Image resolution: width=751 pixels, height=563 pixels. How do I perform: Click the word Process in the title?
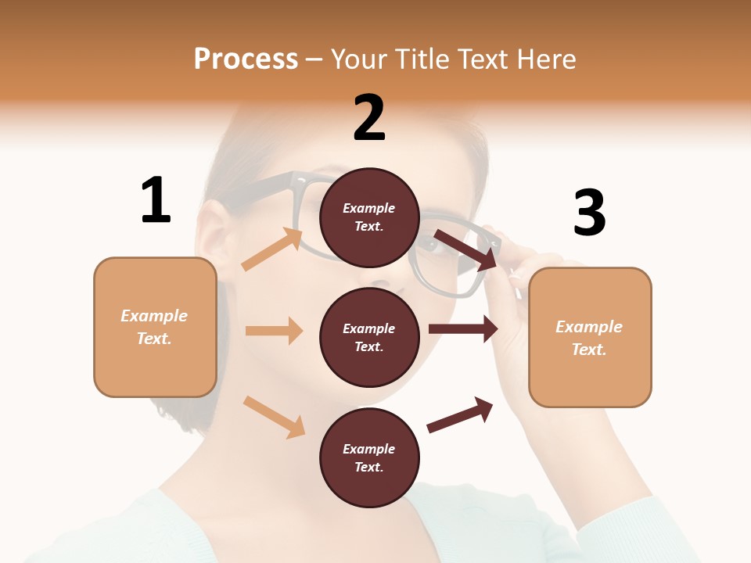click(x=246, y=59)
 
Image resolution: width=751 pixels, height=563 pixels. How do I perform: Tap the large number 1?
click(x=156, y=200)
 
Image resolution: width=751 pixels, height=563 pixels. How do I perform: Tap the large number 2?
click(x=369, y=118)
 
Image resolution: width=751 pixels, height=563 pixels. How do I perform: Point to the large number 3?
click(x=589, y=213)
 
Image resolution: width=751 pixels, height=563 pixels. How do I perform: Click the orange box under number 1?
click(x=155, y=327)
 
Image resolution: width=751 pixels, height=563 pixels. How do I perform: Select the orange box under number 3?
click(x=590, y=337)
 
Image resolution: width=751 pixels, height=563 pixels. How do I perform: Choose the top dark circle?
click(x=369, y=217)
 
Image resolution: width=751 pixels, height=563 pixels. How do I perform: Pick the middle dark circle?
click(x=369, y=337)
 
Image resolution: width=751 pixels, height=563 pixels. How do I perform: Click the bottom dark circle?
click(x=369, y=457)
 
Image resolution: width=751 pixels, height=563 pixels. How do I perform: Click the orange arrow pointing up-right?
click(x=272, y=249)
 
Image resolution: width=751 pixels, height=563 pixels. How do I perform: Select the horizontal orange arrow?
click(x=274, y=331)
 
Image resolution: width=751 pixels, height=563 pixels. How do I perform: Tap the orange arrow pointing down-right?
click(x=274, y=417)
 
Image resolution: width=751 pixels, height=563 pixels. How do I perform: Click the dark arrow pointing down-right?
click(x=466, y=249)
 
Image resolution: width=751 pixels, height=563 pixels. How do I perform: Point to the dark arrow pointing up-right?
click(x=460, y=414)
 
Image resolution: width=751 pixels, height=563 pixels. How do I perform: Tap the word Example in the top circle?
click(x=368, y=209)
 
